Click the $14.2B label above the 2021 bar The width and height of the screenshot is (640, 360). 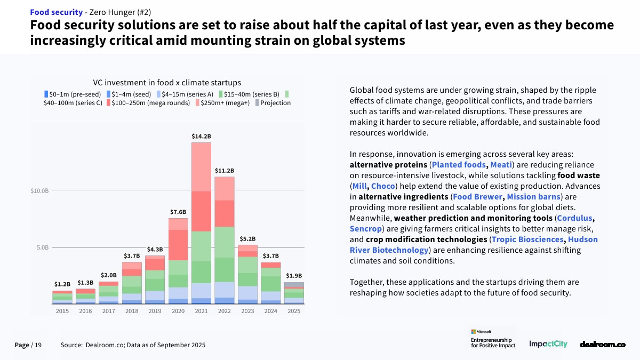(x=202, y=137)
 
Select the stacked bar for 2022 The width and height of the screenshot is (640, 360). (x=225, y=240)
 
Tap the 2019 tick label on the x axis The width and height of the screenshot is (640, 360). (x=155, y=311)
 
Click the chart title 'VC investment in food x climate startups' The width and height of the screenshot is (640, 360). (x=167, y=83)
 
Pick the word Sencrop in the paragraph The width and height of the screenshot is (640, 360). (x=365, y=229)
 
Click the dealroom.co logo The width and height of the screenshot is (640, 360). (x=602, y=345)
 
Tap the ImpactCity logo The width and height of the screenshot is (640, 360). (x=548, y=345)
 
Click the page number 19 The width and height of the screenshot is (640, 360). (x=37, y=346)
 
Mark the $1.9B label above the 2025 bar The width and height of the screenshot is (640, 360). (x=294, y=276)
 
